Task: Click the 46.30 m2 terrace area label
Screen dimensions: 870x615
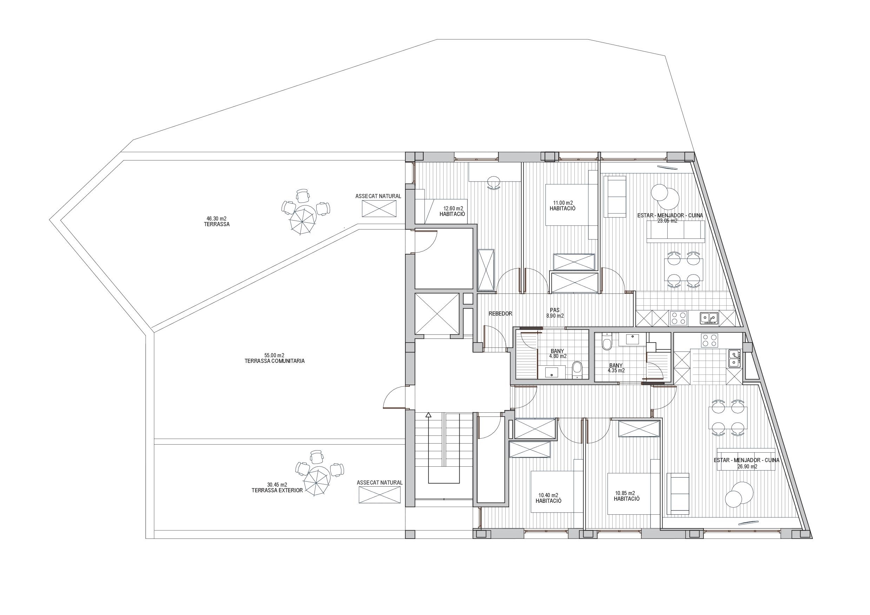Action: (x=216, y=221)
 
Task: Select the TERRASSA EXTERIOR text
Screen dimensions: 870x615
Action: (x=277, y=490)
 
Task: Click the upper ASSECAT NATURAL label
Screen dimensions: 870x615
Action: (x=378, y=196)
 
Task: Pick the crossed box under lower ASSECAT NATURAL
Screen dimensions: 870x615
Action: (x=379, y=495)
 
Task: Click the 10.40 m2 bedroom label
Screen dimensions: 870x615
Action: (x=548, y=498)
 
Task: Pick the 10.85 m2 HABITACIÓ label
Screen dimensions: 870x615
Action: (x=626, y=496)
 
